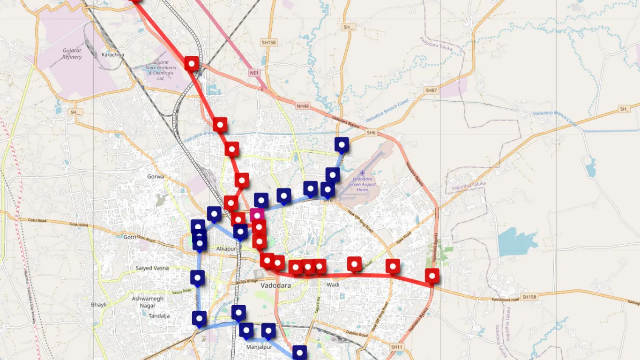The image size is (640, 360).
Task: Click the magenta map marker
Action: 257,215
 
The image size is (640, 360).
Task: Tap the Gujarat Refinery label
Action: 72,54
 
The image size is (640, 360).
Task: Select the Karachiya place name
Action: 113,55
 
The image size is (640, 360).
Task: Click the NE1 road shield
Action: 254,73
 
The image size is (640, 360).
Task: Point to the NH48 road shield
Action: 303,106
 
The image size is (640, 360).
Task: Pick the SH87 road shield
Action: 431,90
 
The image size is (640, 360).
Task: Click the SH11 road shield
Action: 396,347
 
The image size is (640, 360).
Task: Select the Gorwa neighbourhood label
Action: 156,177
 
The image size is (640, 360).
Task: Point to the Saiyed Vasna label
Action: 152,268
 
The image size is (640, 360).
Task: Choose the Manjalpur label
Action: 259,347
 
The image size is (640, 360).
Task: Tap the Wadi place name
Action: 333,285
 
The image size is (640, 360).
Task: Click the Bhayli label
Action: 98,305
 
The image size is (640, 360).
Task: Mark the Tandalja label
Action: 159,316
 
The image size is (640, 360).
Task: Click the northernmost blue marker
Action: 342,145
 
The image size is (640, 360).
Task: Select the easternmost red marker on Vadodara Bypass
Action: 432,276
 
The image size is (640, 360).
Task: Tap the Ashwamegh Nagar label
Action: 148,302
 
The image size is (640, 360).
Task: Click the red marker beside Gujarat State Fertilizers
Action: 191,63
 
